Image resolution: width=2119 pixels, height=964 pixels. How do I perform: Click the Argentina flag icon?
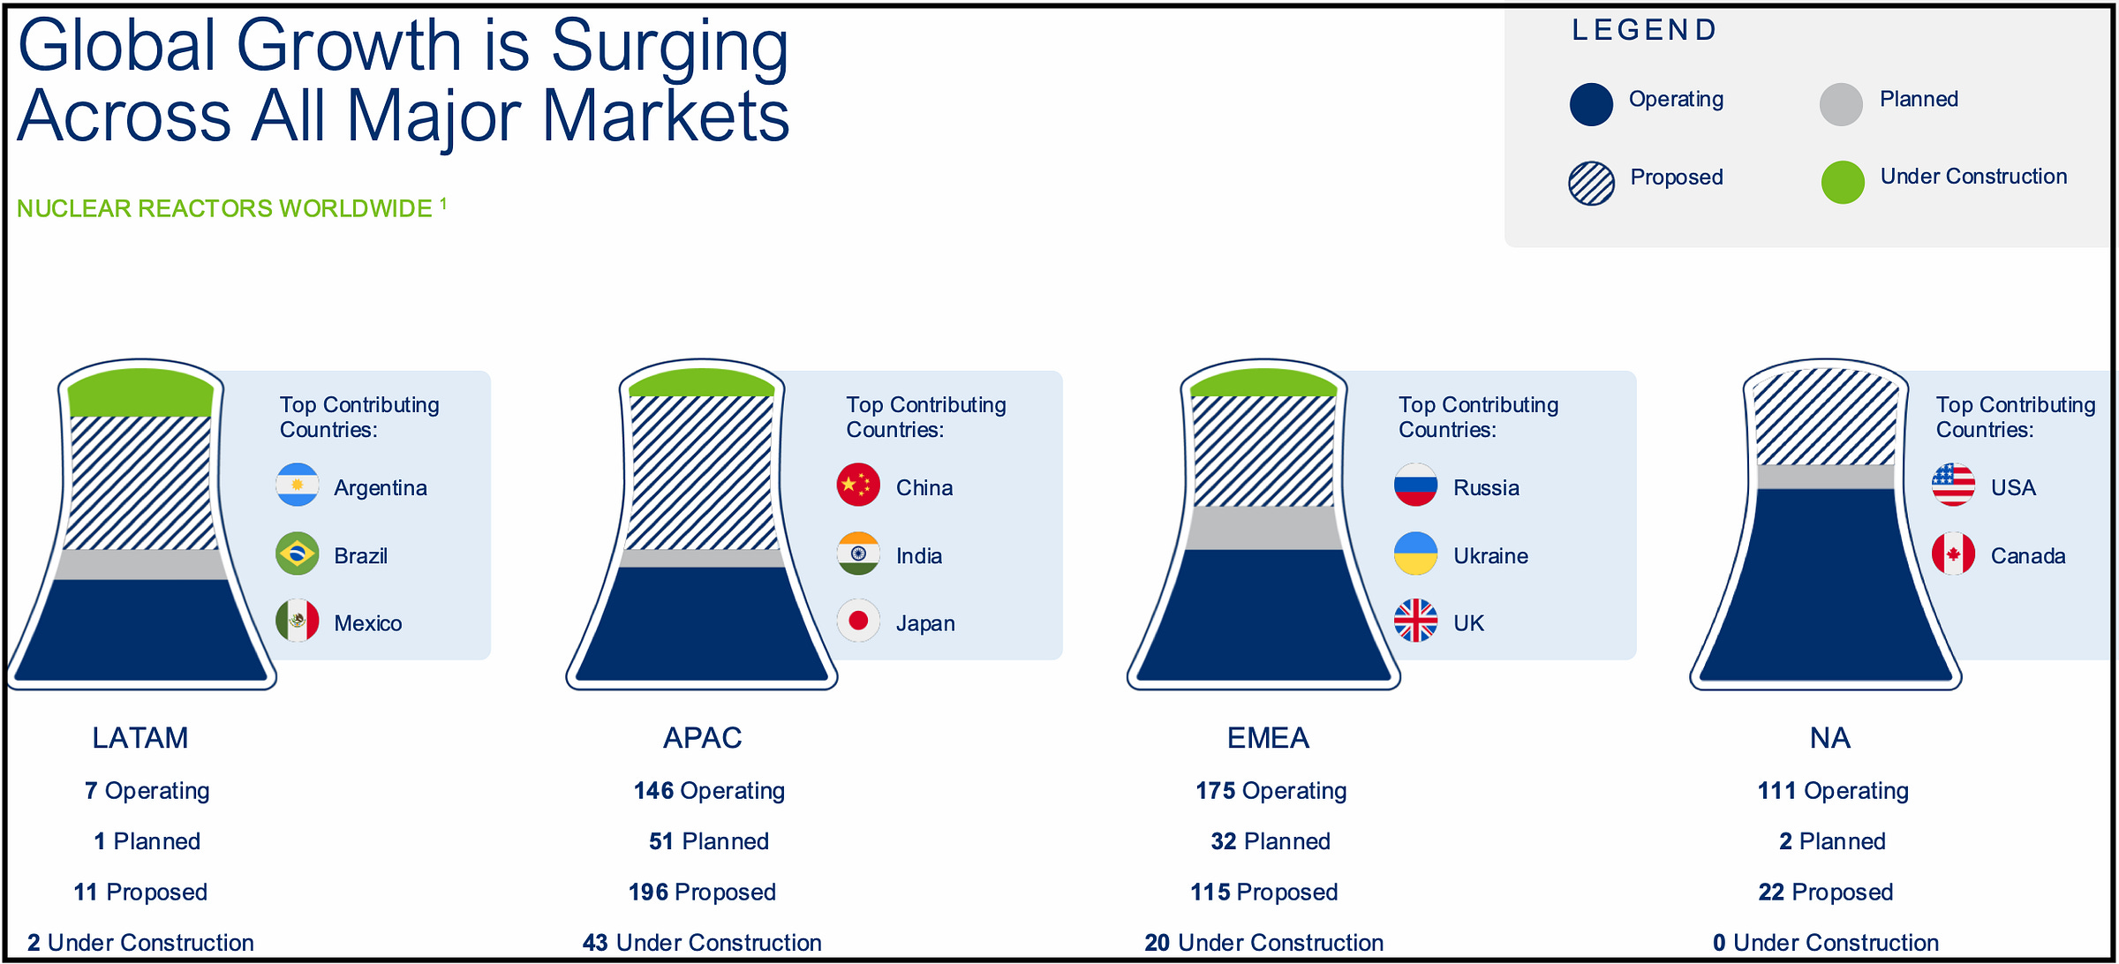tap(298, 485)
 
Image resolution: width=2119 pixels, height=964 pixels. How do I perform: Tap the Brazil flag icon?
tap(298, 554)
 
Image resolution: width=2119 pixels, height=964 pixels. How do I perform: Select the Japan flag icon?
tap(858, 621)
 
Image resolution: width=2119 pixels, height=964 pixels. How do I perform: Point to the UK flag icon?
tap(1416, 621)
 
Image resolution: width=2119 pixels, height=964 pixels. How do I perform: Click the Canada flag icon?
tap(1954, 554)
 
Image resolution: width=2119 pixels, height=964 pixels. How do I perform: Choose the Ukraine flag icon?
tap(1416, 554)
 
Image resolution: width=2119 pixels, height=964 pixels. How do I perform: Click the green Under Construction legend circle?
tap(1843, 183)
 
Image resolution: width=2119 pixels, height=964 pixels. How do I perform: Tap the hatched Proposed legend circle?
tap(1592, 184)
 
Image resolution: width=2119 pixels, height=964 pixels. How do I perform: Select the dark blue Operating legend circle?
tap(1592, 104)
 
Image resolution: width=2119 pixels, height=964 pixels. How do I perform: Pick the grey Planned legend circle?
tap(1842, 104)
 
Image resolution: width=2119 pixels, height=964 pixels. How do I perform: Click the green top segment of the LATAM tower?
tap(140, 394)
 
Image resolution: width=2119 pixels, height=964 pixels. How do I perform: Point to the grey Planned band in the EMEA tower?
tap(1264, 528)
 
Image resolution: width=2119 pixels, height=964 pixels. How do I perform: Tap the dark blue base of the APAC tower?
tap(702, 623)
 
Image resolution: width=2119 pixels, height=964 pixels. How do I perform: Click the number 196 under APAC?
tap(648, 892)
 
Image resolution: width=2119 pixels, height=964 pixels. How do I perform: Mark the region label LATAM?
tap(140, 738)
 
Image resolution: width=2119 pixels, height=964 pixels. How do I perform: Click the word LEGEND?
tap(1644, 30)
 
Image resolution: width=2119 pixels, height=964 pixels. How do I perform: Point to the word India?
tap(919, 556)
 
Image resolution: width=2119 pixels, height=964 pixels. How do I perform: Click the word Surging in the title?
tap(670, 48)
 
